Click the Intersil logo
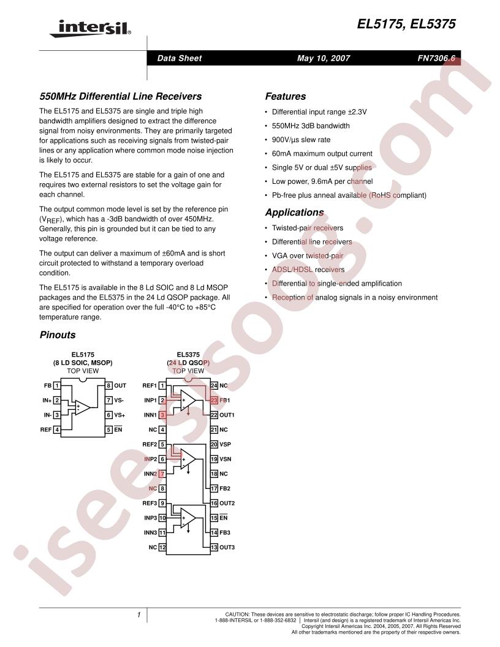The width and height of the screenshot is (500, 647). pos(90,28)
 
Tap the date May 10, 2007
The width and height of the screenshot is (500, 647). pos(324,58)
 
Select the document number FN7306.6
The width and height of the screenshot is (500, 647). pos(436,58)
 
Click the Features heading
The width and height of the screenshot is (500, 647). pos(286,96)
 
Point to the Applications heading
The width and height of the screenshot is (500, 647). pos(295,213)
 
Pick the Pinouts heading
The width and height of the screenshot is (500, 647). pos(58,335)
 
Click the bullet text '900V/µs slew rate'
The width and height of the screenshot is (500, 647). pos(301,140)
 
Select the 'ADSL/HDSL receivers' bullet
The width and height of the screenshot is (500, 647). pos(308,270)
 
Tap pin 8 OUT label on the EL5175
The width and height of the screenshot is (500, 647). pos(120,385)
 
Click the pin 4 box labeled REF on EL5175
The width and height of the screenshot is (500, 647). pos(57,429)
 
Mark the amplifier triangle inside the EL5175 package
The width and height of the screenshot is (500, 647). pos(81,407)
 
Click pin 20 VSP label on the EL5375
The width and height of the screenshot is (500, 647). pos(225,444)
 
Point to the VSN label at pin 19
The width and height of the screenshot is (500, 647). pos(225,459)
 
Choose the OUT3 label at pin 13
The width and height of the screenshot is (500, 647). pos(227,547)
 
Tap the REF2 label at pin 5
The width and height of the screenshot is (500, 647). pos(150,444)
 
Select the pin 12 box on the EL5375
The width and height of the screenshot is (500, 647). pos(162,547)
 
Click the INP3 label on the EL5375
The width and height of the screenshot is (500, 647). pos(151,518)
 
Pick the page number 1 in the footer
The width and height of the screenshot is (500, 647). pos(138,615)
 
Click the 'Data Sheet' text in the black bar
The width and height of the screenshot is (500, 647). pos(180,58)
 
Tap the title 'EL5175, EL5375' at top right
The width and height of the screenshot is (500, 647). pos(406,24)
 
